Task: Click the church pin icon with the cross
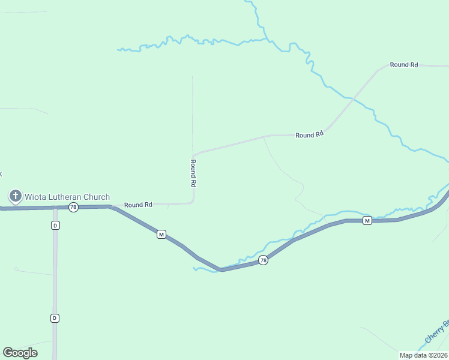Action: (16, 196)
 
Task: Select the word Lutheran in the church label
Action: (68, 197)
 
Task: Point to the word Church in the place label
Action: (98, 197)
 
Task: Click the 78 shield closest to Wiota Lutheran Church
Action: (73, 207)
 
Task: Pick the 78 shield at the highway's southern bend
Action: (263, 260)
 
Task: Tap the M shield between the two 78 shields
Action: (161, 234)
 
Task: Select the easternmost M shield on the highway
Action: (367, 221)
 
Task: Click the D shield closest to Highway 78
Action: (55, 225)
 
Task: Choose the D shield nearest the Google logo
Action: (55, 318)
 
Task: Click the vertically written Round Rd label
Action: (193, 172)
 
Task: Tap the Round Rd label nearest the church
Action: (138, 205)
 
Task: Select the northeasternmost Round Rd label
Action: (403, 65)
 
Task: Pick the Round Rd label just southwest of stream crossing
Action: (309, 135)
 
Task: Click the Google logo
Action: (20, 353)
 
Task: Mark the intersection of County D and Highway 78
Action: (55, 207)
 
